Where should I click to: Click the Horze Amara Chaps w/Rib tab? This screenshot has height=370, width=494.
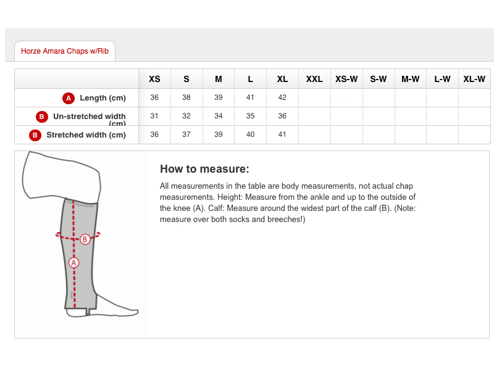pos(65,51)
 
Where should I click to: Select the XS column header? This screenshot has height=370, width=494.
pos(154,79)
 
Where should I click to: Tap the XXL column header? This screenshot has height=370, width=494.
pos(314,79)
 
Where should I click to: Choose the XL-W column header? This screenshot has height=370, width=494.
pos(474,79)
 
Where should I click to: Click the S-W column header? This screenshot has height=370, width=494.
pos(379,79)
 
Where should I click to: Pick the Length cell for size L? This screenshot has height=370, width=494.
pos(250,97)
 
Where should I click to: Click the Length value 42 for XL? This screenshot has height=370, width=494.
pos(282,97)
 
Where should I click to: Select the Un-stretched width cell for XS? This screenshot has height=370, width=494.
pos(154,116)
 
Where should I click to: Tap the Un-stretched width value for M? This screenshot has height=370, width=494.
pos(219,116)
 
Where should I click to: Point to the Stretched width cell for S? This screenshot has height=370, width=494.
pos(186,134)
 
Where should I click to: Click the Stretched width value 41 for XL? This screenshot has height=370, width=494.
pos(282,134)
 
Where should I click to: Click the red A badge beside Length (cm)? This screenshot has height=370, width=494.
pos(69,98)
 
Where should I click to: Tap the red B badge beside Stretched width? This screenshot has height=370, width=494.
pos(35,135)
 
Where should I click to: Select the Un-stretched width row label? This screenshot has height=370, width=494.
pos(90,119)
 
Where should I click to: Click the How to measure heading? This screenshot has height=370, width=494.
pos(204,169)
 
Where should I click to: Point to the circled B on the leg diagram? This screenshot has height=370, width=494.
pos(85,239)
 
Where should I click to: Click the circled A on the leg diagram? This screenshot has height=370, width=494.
pos(73,263)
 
